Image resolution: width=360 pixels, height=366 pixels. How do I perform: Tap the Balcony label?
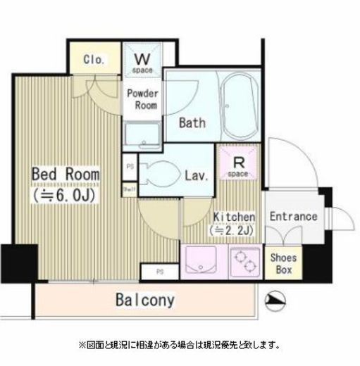pyautogui.click(x=144, y=301)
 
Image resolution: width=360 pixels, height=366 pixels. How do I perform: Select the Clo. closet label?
pyautogui.click(x=94, y=60)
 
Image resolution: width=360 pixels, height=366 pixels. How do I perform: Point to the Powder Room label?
pyautogui.click(x=142, y=99)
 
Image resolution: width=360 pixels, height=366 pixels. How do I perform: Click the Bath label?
pyautogui.click(x=192, y=123)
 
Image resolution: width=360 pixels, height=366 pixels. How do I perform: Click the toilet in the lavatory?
pyautogui.click(x=159, y=173)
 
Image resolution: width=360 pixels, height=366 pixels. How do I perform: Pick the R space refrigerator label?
pyautogui.click(x=238, y=166)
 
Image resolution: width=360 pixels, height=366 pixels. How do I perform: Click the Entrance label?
pyautogui.click(x=293, y=217)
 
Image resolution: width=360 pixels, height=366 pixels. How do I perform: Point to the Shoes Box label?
pyautogui.click(x=284, y=262)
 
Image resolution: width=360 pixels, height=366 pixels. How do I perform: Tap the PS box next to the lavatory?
pyautogui.click(x=130, y=167)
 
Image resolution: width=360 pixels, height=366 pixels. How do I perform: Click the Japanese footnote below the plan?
pyautogui.click(x=179, y=345)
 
